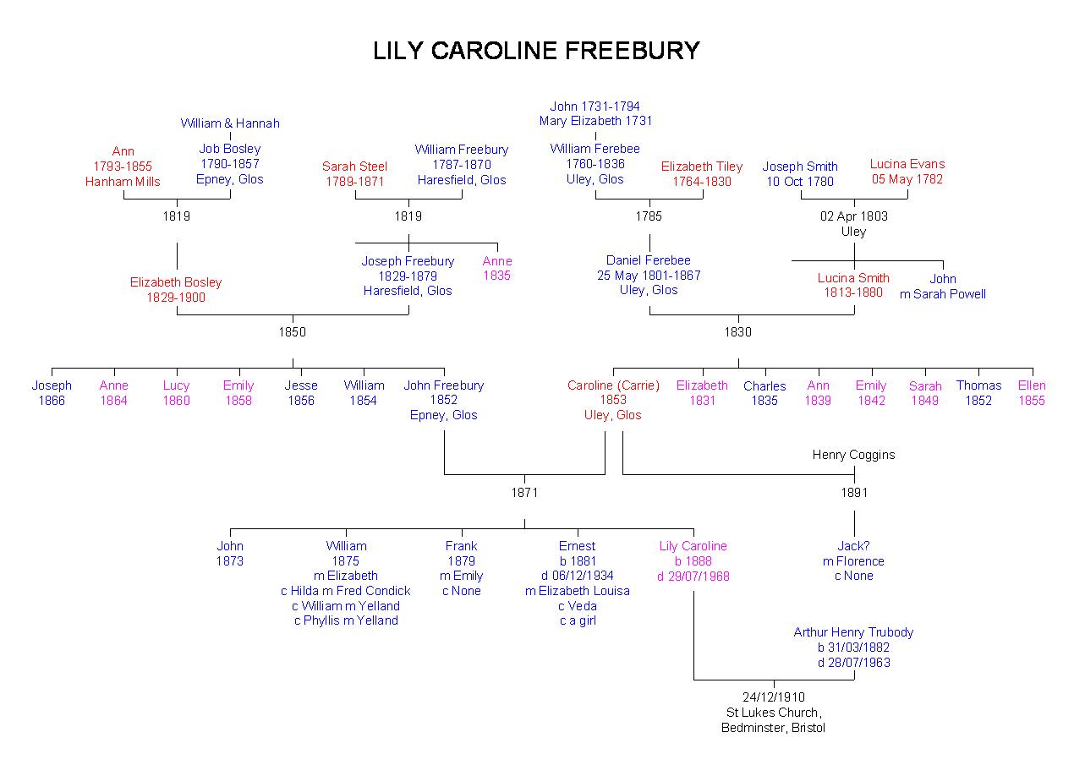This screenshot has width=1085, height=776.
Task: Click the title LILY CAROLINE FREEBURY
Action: click(x=536, y=52)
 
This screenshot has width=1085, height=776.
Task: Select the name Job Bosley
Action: click(x=230, y=149)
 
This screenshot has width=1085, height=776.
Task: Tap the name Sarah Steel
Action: click(x=354, y=167)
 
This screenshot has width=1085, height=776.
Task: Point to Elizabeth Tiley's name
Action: click(x=702, y=167)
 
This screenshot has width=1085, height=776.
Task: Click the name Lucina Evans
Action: click(x=907, y=164)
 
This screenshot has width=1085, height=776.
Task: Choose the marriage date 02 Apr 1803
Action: click(x=854, y=216)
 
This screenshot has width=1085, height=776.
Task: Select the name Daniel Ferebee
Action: click(x=649, y=260)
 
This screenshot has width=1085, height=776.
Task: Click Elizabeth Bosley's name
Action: click(x=176, y=282)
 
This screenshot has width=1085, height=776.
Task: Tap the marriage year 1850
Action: click(x=293, y=332)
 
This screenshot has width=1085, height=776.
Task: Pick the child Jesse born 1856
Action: click(x=301, y=385)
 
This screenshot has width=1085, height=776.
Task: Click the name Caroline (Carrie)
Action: click(x=613, y=385)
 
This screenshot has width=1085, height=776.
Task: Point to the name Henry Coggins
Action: click(x=853, y=455)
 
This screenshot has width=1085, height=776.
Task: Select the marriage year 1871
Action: click(x=524, y=493)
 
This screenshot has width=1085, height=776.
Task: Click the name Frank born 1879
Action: click(x=462, y=546)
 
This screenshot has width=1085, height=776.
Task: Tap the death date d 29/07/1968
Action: click(x=693, y=577)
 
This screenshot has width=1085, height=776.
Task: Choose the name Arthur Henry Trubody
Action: click(x=853, y=632)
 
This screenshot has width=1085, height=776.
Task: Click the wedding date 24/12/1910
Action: click(x=774, y=697)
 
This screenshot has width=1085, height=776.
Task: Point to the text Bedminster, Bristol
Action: click(x=773, y=728)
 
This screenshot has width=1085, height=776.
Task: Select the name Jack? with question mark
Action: click(x=853, y=546)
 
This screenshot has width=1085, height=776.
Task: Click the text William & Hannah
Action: click(x=230, y=123)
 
